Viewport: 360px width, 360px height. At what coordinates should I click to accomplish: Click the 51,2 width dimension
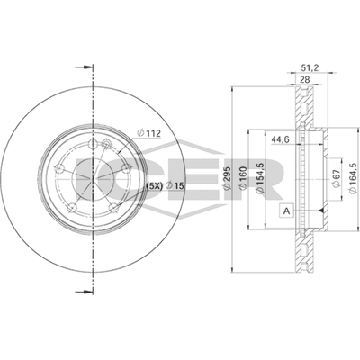(309, 68)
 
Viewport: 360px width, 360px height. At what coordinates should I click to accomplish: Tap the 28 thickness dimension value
(304, 79)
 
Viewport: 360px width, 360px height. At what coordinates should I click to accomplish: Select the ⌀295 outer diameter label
(227, 177)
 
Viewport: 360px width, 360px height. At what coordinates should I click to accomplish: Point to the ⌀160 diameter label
(243, 177)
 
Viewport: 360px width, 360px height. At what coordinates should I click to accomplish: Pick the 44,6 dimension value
(280, 139)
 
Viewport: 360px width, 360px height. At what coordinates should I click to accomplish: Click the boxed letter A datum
(286, 211)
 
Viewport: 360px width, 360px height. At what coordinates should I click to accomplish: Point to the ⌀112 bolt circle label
(148, 133)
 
